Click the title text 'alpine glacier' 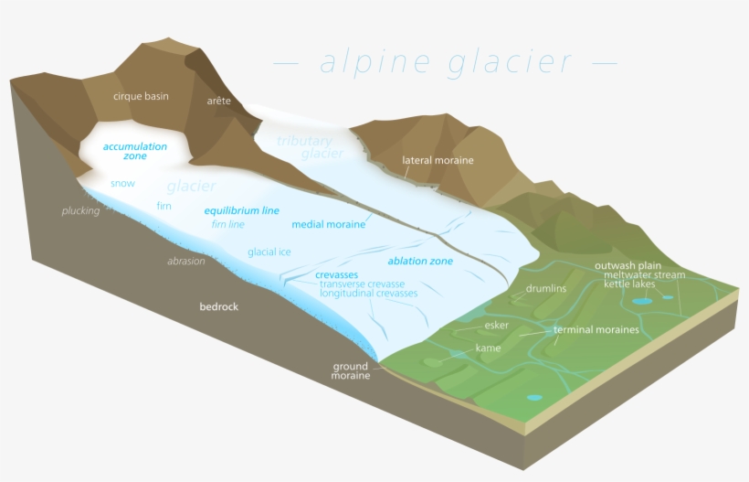click(x=446, y=62)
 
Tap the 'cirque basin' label click(x=141, y=96)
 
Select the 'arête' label click(x=219, y=100)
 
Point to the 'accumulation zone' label click(x=135, y=151)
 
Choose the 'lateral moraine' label click(x=438, y=160)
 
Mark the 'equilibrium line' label click(x=241, y=210)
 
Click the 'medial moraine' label click(x=329, y=224)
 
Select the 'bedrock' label click(x=219, y=306)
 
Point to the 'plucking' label click(x=80, y=211)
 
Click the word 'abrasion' click(x=186, y=262)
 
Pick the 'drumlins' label click(x=546, y=288)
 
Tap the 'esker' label click(x=497, y=325)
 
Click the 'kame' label click(x=489, y=348)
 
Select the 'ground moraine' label click(x=351, y=371)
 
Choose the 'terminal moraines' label click(x=596, y=329)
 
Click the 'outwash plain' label click(x=628, y=265)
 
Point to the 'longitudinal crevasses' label click(x=369, y=294)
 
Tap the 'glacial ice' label click(x=269, y=252)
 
